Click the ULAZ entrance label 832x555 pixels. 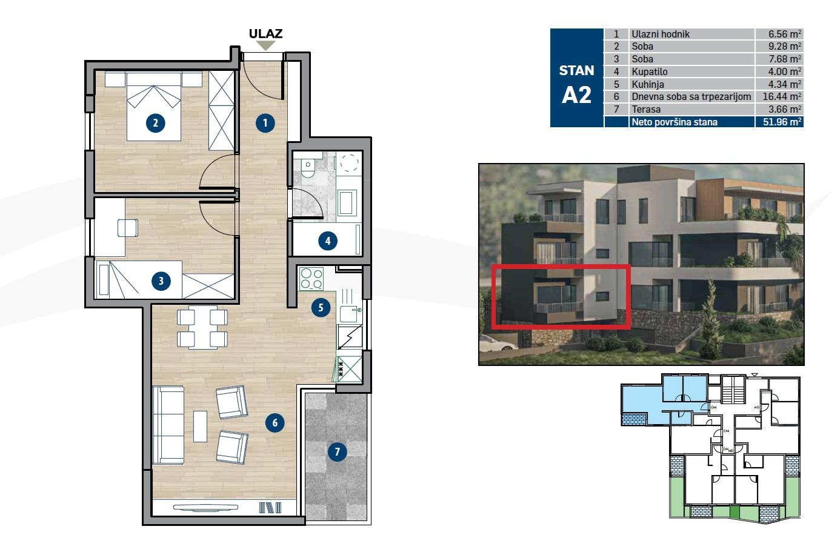click(265, 34)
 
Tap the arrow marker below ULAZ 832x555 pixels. click(265, 46)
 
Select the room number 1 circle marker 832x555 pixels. click(265, 124)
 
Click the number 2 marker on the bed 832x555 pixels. click(156, 124)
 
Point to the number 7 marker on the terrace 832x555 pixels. click(337, 451)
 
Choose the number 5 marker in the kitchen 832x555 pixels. click(321, 308)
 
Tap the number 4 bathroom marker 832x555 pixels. click(328, 241)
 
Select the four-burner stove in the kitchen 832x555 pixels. click(311, 279)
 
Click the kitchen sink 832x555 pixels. click(351, 314)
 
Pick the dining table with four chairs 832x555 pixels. click(202, 327)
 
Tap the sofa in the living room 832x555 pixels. click(168, 425)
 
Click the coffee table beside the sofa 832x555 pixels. click(200, 426)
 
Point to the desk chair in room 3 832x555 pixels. click(128, 227)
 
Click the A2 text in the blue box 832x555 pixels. click(576, 95)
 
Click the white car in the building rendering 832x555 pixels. click(498, 345)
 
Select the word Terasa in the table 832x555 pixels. click(646, 109)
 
